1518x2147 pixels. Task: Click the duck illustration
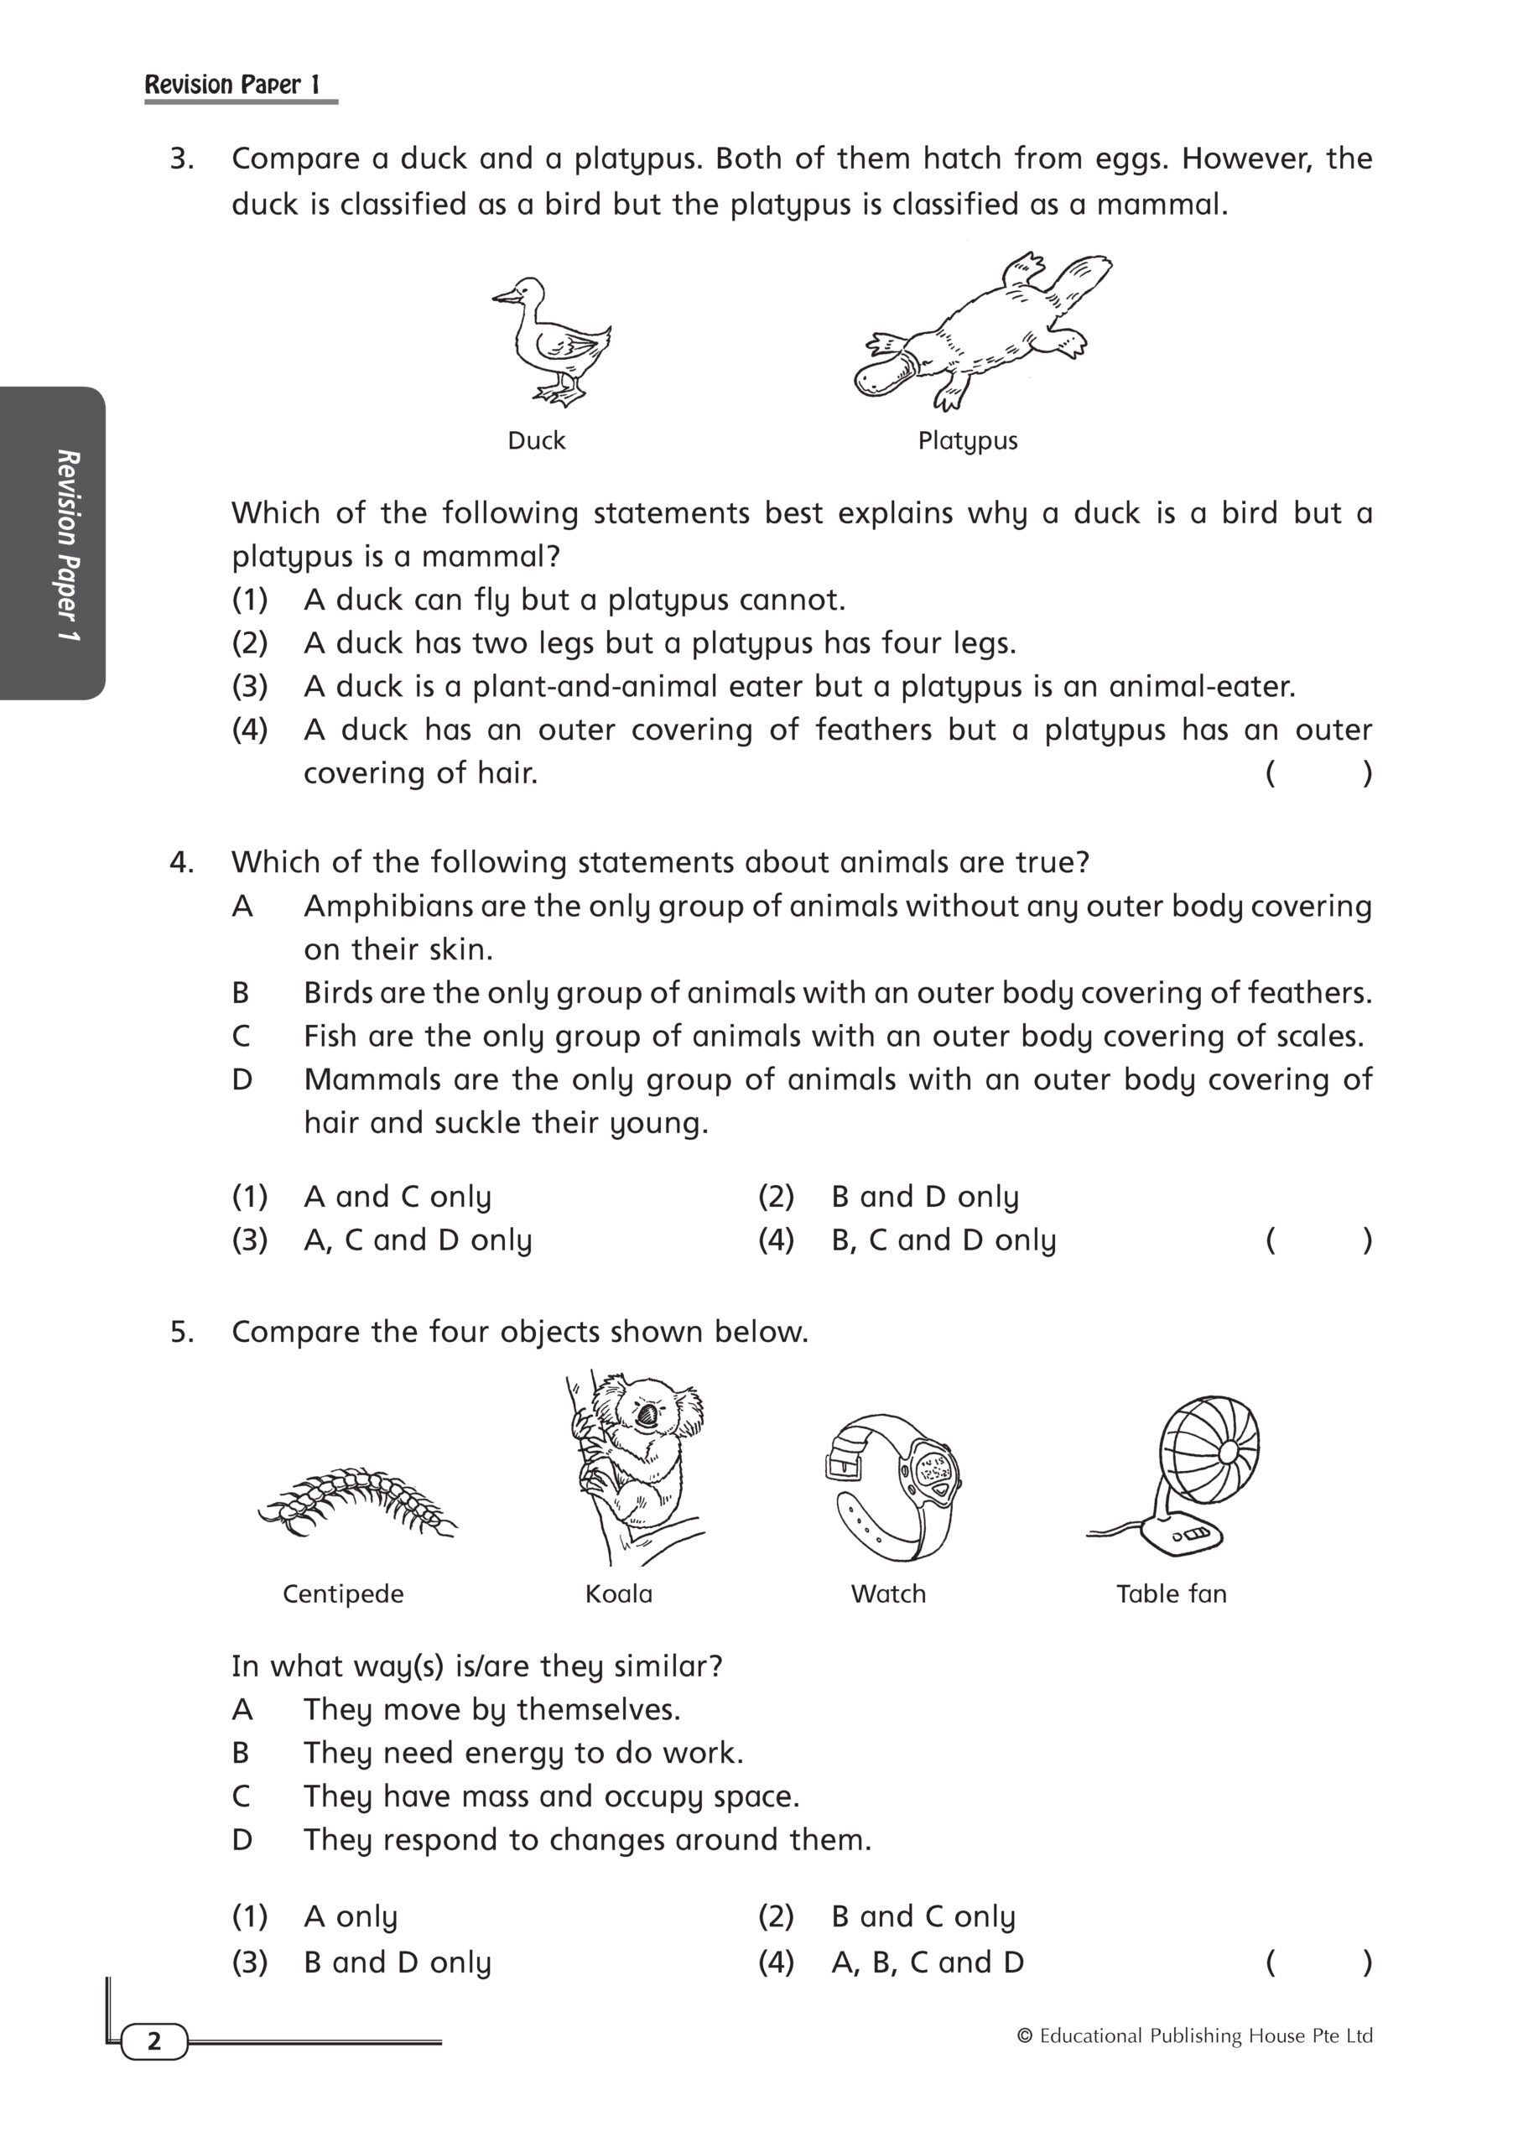pos(552,341)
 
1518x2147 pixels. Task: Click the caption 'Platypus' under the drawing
pos(967,440)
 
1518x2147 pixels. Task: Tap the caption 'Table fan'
pos(1171,1593)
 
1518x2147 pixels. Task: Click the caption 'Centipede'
pos(343,1593)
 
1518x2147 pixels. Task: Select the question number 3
pos(181,159)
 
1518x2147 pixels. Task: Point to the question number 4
pos(181,862)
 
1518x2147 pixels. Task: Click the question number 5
pos(181,1332)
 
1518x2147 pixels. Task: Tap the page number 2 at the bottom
pos(154,2041)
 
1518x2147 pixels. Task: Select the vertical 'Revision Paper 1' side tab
pos(67,544)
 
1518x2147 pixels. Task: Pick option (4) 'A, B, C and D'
pos(926,1962)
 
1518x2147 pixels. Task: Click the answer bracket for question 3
pos(1318,773)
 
